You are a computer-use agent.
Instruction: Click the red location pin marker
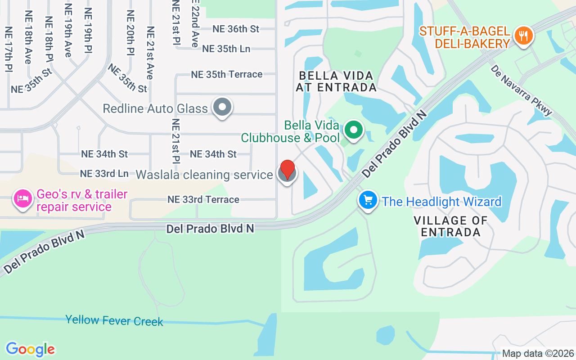[288, 171]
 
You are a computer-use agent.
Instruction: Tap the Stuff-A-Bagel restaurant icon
[523, 36]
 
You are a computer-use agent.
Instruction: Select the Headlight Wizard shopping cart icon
[368, 200]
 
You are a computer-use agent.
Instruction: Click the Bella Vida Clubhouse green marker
[354, 130]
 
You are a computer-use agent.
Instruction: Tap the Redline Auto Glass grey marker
[222, 108]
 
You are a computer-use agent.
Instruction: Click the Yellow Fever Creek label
[114, 320]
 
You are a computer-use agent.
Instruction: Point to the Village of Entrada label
[450, 226]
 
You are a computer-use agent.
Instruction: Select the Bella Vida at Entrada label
[336, 81]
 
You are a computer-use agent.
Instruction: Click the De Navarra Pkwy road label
[522, 90]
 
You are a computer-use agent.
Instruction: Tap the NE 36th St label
[236, 29]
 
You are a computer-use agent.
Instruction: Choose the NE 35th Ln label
[226, 49]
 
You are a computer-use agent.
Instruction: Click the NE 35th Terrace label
[227, 74]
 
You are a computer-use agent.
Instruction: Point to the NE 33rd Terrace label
[203, 199]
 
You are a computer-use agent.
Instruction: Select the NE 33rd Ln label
[104, 173]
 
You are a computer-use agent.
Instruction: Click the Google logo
[30, 349]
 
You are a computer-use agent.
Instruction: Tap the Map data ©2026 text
[538, 353]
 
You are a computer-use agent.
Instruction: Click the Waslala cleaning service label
[204, 175]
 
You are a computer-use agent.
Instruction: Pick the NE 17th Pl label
[8, 49]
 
